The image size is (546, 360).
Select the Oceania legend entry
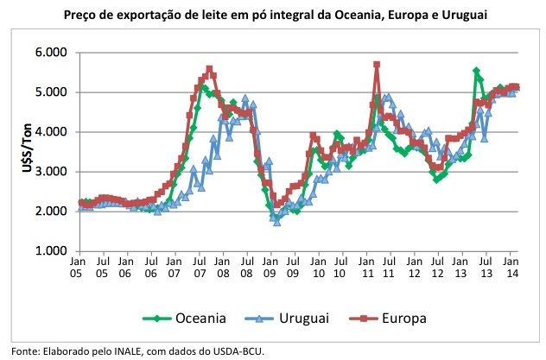(199, 319)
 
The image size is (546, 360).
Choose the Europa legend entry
(403, 319)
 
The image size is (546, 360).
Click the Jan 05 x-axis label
(78, 265)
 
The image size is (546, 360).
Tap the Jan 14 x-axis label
(511, 265)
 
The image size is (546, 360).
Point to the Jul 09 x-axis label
(294, 265)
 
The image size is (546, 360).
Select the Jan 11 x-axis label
(366, 265)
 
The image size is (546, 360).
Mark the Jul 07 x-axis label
(198, 265)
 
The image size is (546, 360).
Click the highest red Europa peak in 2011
(377, 64)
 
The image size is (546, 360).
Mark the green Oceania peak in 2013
(477, 71)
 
